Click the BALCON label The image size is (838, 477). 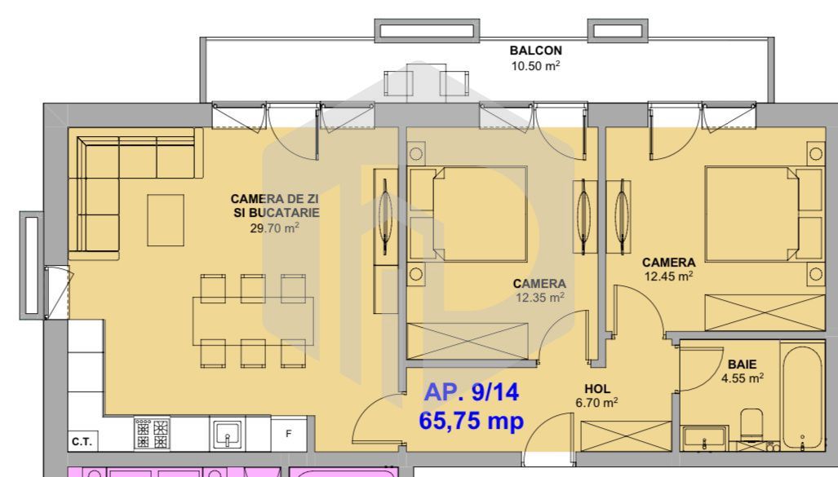coord(535,51)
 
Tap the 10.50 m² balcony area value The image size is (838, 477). coord(535,66)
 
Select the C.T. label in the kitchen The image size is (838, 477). coord(82,442)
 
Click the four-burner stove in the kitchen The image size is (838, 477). coord(152,433)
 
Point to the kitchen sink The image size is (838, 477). coord(228,434)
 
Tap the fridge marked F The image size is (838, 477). coord(289,434)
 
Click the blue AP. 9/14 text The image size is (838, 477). coord(471,392)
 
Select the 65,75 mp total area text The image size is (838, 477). coord(471,421)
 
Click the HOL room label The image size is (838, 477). coord(597,389)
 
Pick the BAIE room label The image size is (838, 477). coord(743,364)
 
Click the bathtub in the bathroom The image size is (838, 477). coord(802,395)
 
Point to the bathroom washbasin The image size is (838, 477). coord(704,438)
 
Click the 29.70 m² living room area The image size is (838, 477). coord(274,228)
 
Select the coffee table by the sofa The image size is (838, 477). coord(166,220)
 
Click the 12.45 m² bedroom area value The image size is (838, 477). coord(668,276)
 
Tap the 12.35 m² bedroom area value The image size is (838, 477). coord(540,298)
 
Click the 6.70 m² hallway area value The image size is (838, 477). coord(596,402)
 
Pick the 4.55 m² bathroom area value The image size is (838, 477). coord(743,378)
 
